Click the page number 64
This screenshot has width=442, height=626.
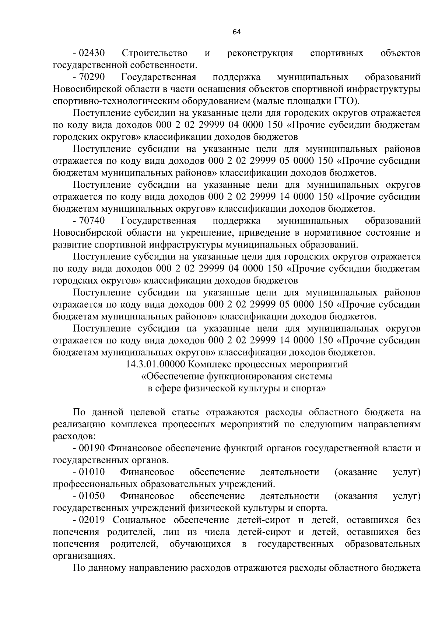click(x=236, y=32)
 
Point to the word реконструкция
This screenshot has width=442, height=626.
click(x=260, y=53)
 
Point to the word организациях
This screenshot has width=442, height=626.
click(x=81, y=556)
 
